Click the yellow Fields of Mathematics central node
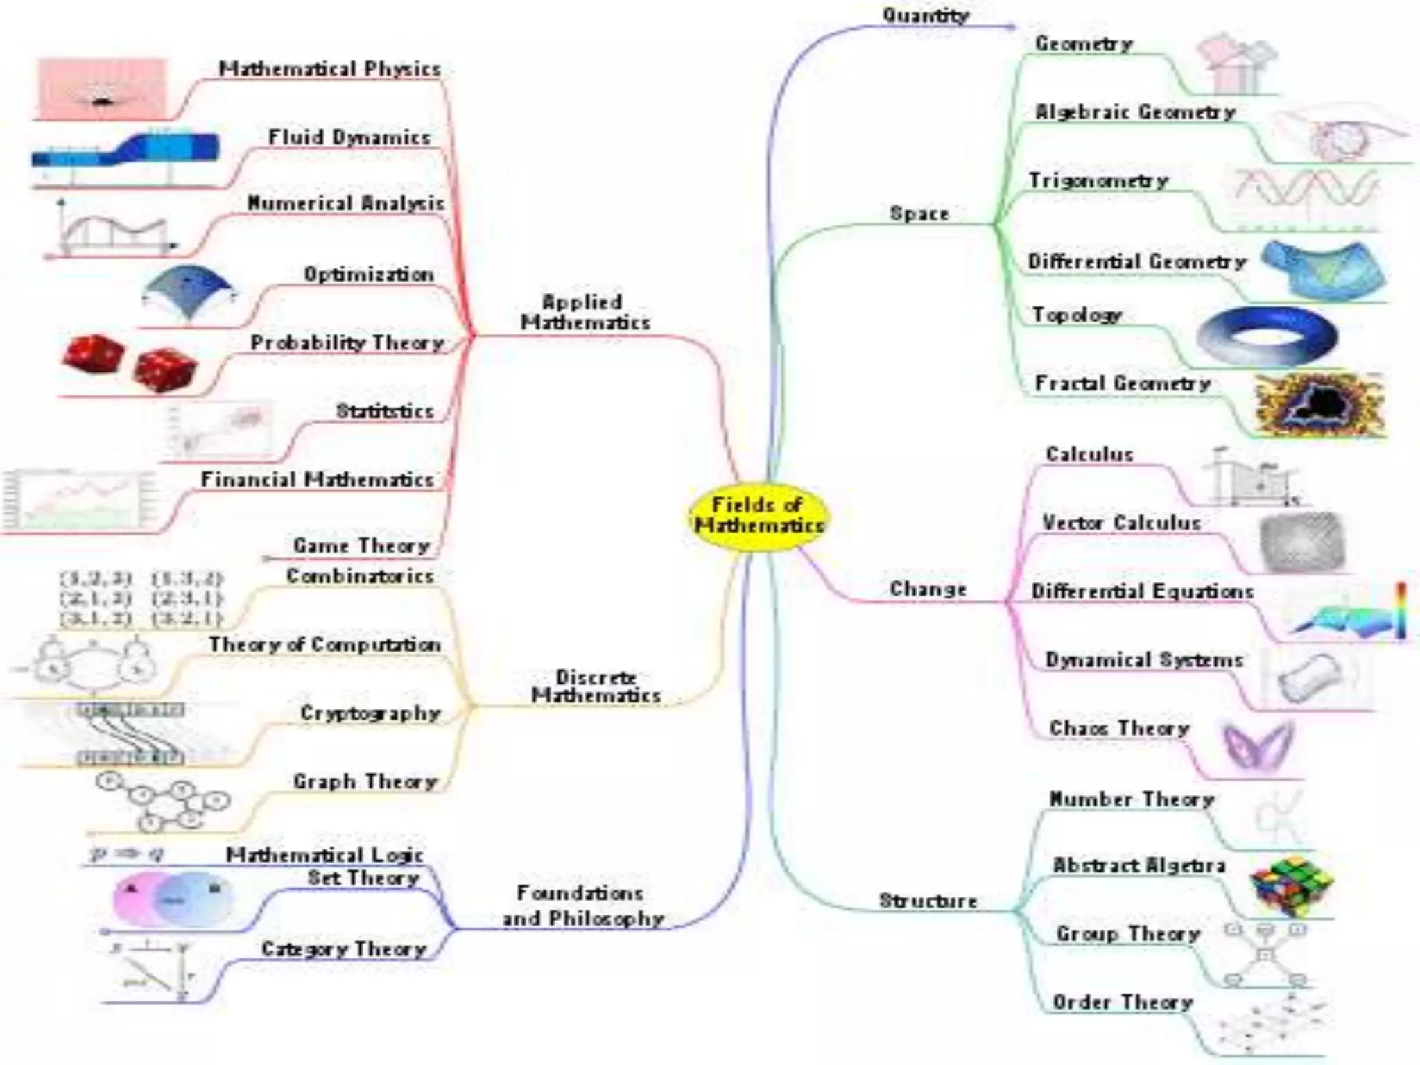(759, 516)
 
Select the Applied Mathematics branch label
(585, 312)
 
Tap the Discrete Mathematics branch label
(596, 686)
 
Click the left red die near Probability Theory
(93, 354)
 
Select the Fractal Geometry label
(1122, 383)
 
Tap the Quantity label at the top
(925, 15)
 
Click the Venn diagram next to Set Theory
(172, 899)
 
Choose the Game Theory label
(361, 546)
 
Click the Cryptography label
(370, 713)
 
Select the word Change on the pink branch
(928, 589)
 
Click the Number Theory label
(1131, 799)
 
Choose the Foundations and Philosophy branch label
(582, 906)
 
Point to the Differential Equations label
(1142, 591)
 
